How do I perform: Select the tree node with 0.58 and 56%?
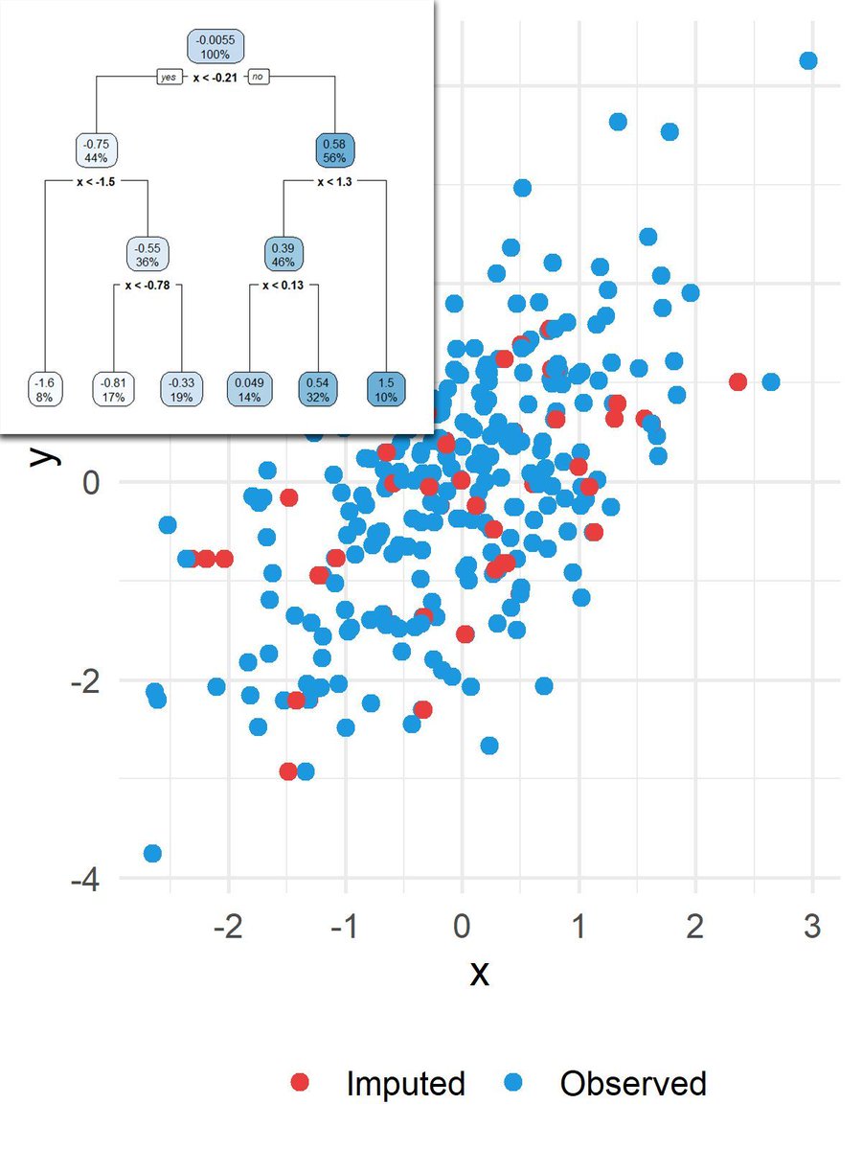click(336, 150)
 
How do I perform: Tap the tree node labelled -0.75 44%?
click(97, 150)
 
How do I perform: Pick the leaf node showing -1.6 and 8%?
click(46, 389)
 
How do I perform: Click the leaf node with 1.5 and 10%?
click(387, 389)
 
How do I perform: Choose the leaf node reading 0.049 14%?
click(250, 389)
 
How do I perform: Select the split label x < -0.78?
click(147, 285)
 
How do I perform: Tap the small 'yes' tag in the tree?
click(170, 78)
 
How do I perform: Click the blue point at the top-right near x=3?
click(807, 60)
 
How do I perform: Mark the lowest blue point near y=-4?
click(152, 853)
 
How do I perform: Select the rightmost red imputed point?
click(737, 381)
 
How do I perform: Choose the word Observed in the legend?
click(633, 1083)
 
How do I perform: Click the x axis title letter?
click(479, 973)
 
